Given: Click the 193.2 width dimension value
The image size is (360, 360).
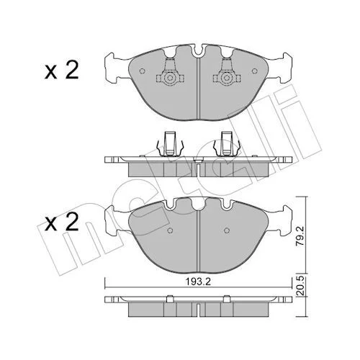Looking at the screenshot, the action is [198, 282].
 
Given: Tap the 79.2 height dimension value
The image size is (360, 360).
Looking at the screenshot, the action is [300, 235].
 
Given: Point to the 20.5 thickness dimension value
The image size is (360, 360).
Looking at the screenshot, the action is [300, 286].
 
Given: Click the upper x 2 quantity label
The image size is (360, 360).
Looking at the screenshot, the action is [62, 70].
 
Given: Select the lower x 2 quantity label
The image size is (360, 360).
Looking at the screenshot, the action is [62, 222].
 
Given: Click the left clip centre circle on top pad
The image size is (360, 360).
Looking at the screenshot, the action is [170, 78].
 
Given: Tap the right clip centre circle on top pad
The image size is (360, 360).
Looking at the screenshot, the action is [226, 78].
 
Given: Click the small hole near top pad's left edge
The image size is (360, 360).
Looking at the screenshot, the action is [142, 71].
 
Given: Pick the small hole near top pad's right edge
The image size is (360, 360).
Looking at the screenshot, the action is [255, 71].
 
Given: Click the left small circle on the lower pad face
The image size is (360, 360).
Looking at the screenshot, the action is [170, 230].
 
